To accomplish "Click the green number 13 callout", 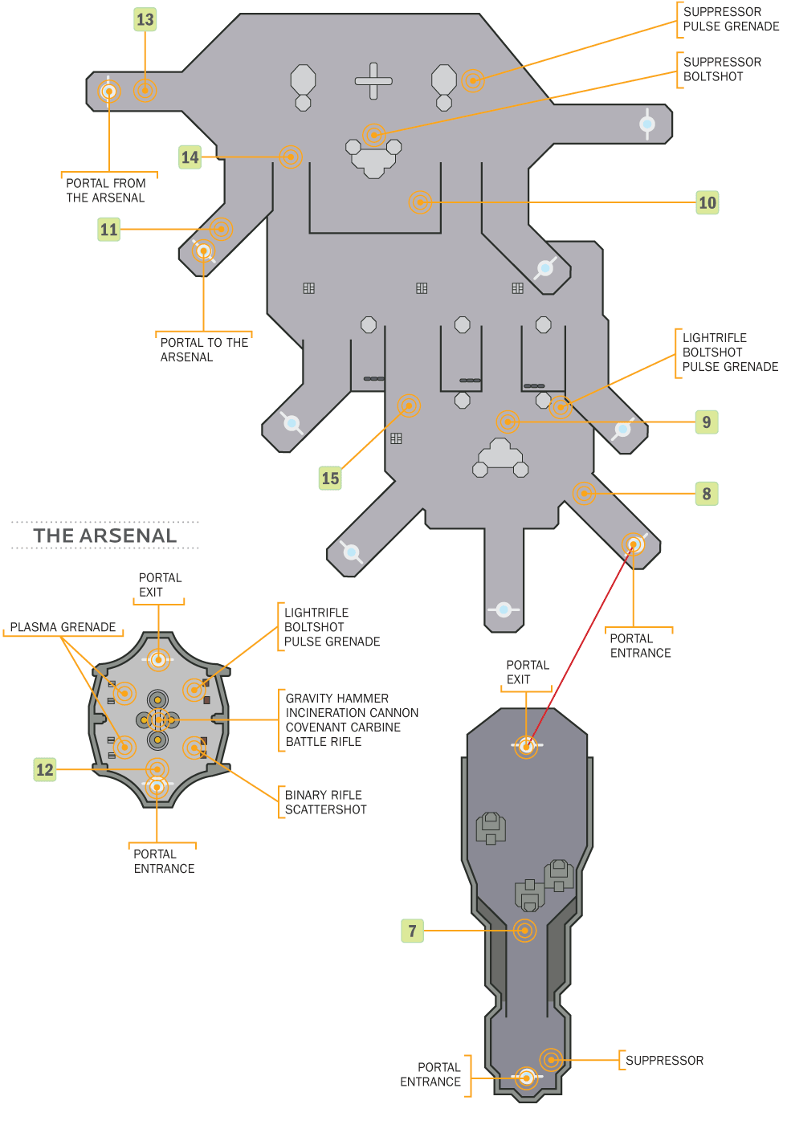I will (145, 19).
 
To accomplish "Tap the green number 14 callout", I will (190, 157).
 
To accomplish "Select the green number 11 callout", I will (108, 230).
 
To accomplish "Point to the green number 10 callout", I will (707, 202).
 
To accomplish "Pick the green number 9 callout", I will (706, 422).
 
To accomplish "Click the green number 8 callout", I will (706, 494).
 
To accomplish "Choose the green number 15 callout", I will (330, 479).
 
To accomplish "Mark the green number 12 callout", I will (44, 770).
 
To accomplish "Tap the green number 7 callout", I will (412, 931).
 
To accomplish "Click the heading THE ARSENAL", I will (105, 536).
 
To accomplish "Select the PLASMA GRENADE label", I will (63, 627).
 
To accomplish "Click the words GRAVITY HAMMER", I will (337, 699).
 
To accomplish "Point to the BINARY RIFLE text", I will (324, 795).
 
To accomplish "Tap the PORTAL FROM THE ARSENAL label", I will (106, 190).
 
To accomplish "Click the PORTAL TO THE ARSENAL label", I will (204, 350).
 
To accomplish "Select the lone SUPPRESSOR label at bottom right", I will (664, 1061).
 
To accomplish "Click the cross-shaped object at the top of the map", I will (373, 81).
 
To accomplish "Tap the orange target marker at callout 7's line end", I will (524, 931).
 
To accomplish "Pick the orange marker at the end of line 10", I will (420, 202).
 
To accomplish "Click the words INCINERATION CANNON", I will (352, 713).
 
